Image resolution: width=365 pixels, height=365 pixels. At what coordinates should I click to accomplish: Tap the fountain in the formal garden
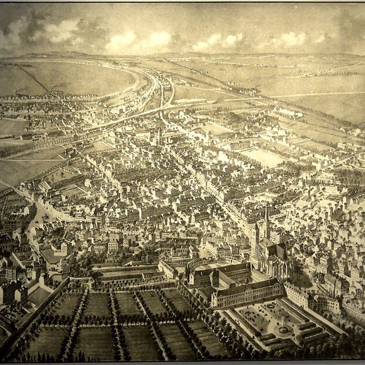click(x=283, y=330)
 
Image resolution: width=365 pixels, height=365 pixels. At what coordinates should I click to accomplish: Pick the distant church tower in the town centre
click(x=157, y=135)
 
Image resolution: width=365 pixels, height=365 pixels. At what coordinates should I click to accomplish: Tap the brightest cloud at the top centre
click(x=159, y=38)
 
